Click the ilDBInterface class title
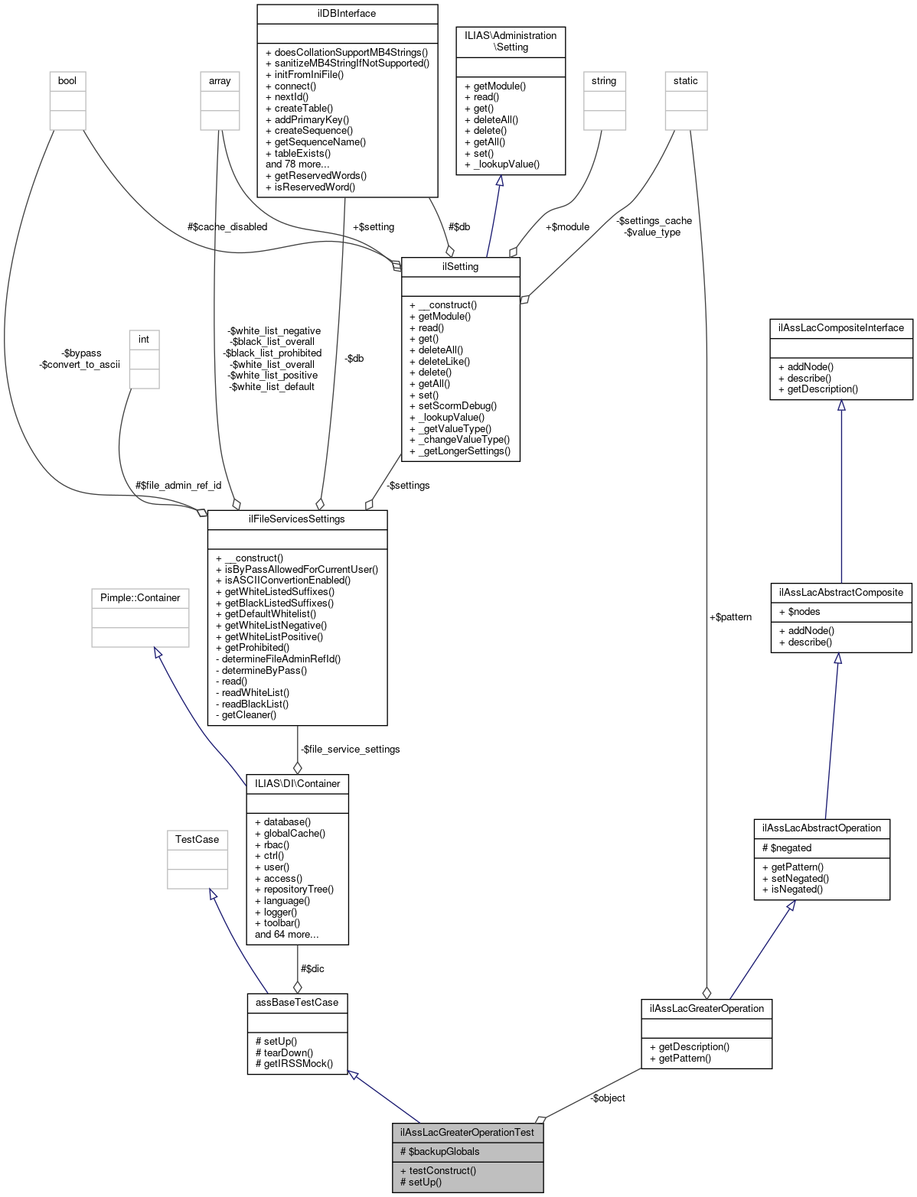click(347, 13)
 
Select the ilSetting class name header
click(460, 266)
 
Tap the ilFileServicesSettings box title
click(297, 519)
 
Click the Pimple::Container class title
click(140, 597)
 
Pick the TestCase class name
click(197, 839)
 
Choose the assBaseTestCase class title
click(297, 1002)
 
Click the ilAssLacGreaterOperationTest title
click(467, 1132)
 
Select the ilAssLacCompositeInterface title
click(840, 327)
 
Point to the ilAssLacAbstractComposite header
click(840, 592)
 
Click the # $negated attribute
click(787, 847)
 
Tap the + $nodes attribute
click(799, 611)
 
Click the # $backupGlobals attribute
click(440, 1151)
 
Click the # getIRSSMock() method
click(295, 1063)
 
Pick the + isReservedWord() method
click(310, 187)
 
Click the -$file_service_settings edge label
click(350, 749)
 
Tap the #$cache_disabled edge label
click(227, 226)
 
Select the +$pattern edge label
click(730, 616)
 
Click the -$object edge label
click(608, 1098)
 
